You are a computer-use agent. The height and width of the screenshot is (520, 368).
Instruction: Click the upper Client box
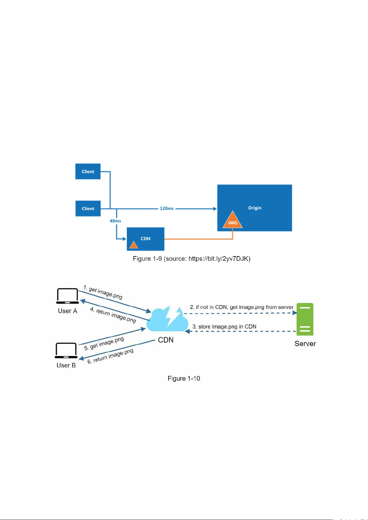tap(88, 172)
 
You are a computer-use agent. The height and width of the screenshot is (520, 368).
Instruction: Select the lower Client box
tap(88, 209)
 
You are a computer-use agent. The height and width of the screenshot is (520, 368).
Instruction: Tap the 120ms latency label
tap(166, 209)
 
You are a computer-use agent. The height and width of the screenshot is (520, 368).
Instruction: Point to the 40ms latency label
tap(115, 221)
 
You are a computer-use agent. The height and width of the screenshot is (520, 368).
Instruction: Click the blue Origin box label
tap(255, 208)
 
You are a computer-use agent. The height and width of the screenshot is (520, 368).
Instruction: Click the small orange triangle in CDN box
tap(133, 245)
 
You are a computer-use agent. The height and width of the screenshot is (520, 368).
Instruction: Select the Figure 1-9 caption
tap(191, 259)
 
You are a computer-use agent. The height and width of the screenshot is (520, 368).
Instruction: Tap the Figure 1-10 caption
tap(184, 378)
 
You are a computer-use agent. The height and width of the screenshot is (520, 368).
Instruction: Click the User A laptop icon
tap(67, 296)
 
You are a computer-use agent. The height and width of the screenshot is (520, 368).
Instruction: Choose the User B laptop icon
tap(66, 351)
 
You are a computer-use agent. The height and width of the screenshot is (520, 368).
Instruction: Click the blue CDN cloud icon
tap(167, 318)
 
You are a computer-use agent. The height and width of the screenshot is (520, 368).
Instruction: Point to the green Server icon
tap(305, 319)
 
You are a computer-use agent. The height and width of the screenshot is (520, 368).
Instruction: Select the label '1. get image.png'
tap(103, 293)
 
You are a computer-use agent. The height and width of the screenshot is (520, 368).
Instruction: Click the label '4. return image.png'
tap(113, 315)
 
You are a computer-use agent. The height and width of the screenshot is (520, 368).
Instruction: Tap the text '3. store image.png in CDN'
tap(224, 327)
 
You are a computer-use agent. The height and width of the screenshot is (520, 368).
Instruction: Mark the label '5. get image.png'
tap(104, 343)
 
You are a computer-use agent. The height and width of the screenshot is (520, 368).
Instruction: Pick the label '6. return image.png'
tap(110, 356)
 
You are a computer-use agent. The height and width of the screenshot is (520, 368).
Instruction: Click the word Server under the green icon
tap(305, 344)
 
